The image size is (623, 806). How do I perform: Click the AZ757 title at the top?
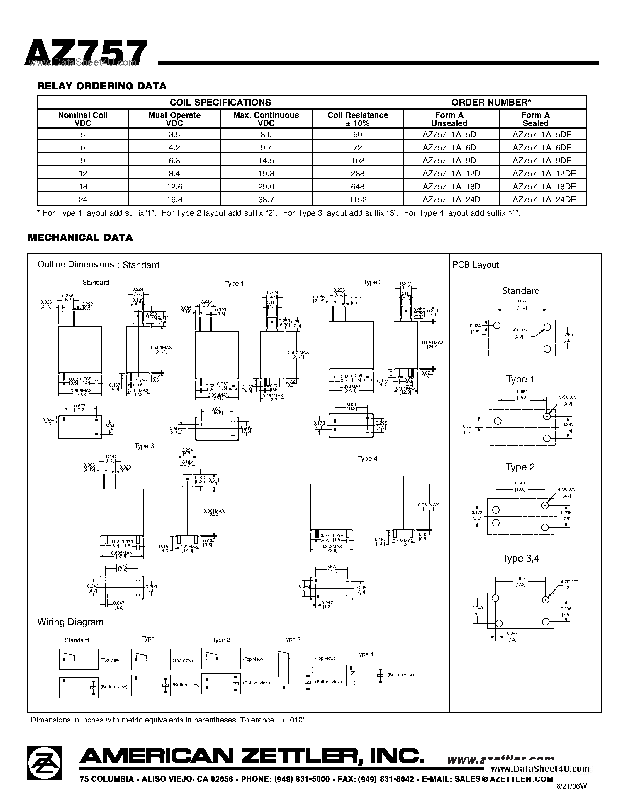[86, 53]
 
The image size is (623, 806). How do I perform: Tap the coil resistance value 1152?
[358, 200]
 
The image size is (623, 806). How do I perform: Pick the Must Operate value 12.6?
[174, 187]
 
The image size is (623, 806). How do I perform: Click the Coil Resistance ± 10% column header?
[358, 119]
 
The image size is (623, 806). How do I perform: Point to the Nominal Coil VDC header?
[83, 119]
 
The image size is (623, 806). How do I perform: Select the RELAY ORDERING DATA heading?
[102, 86]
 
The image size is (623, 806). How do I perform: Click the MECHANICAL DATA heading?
[80, 238]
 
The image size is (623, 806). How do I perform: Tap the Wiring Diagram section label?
[70, 622]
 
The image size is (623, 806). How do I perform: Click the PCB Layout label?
[475, 265]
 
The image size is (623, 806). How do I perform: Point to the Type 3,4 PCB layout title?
[520, 558]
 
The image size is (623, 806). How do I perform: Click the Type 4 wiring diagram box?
[365, 675]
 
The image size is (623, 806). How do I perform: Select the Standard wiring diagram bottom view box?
[79, 687]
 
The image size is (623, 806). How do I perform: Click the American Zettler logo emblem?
[44, 763]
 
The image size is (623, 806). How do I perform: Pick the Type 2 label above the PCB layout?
[520, 467]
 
